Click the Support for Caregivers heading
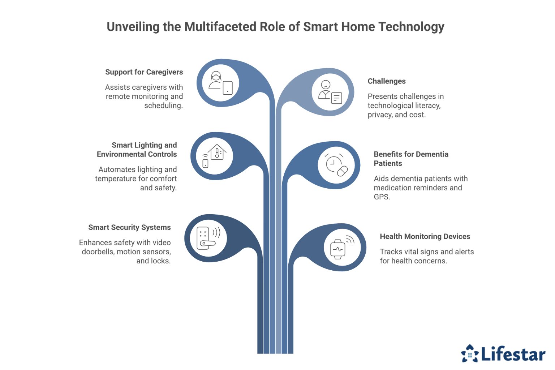pos(144,72)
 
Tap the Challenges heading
pos(387,81)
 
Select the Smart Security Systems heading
pos(129,228)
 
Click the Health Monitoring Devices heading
pos(425,237)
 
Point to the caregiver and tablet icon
pos(220,83)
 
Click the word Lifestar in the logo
pos(513,355)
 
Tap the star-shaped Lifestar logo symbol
pos(470,353)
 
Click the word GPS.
pos(382,197)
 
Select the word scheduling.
pos(163,106)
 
